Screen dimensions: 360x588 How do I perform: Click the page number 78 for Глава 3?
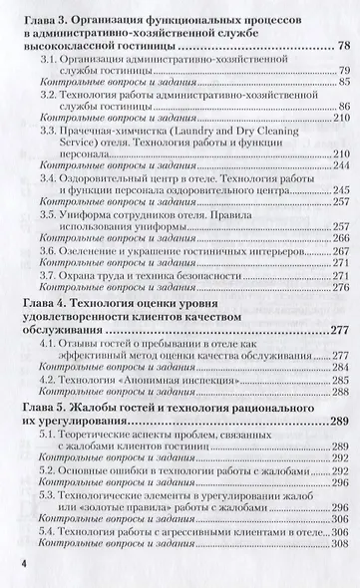click(x=343, y=47)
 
